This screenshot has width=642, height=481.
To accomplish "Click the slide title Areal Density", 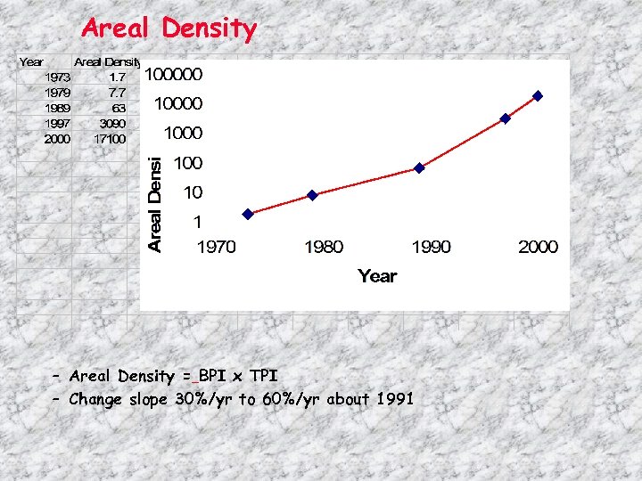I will pos(169,29).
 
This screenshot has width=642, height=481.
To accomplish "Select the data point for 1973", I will pos(248,214).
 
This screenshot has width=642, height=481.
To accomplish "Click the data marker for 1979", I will pos(312,195).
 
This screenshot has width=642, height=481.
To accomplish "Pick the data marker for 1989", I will pos(419,167).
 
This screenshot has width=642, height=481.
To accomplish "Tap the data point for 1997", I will pos(505,118).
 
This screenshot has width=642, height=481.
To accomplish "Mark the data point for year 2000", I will pos(538,95).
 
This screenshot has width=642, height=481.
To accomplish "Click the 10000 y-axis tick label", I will pos(178,103).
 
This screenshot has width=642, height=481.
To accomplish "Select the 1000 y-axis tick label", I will pos(182,133).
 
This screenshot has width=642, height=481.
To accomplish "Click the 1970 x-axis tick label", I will pos(216,247).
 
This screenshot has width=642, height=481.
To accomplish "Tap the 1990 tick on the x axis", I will pos(431,247).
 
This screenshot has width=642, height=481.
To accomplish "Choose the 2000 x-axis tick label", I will pos(538,247).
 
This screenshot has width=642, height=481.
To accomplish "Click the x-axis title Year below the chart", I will pos(377,276).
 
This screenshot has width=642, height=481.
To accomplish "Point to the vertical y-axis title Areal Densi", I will pos(154,203).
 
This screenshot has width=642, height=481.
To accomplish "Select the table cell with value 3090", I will pos(112,123).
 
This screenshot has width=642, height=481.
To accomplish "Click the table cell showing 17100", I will pos(110,139).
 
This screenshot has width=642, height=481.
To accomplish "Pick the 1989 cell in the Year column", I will pos(57,107).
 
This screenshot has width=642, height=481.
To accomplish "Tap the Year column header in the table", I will pos(31,61).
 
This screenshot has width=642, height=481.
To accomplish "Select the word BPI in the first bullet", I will pos(215,376).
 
